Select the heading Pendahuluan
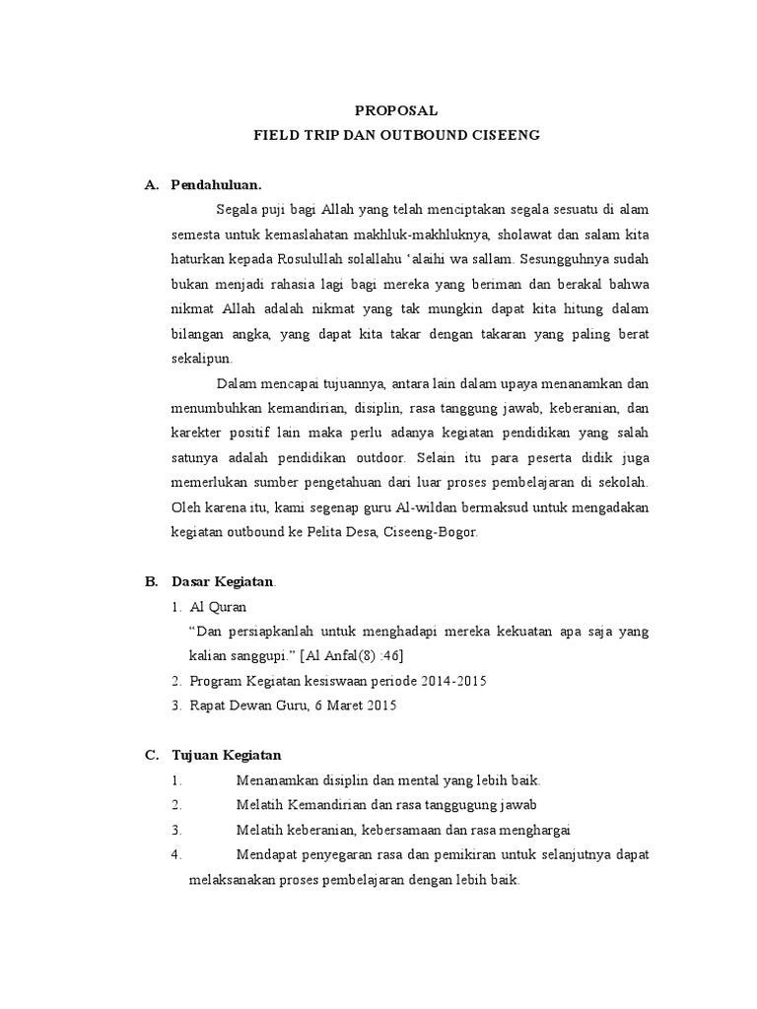(216, 184)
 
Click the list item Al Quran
(218, 607)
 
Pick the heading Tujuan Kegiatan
(226, 756)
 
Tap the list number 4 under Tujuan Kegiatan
(174, 853)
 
